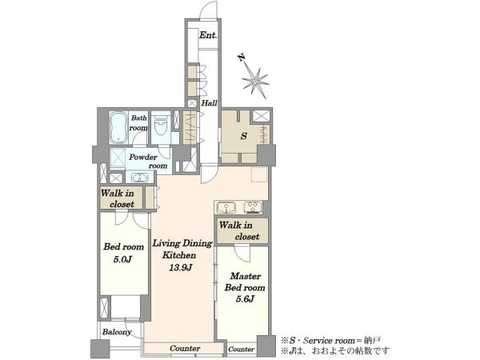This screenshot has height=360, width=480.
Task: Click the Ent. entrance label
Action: click(x=208, y=35)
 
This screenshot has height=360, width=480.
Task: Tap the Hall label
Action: click(x=209, y=103)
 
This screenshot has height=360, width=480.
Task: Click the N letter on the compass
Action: click(x=242, y=58)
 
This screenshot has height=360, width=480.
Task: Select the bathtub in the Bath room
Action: click(x=118, y=127)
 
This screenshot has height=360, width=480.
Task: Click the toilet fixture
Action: click(x=161, y=126)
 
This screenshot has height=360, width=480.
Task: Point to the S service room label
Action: click(x=244, y=136)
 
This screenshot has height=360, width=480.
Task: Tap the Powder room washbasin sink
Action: click(x=139, y=178)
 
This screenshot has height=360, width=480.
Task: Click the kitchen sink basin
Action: click(x=226, y=207)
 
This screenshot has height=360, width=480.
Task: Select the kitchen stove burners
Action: click(x=253, y=207)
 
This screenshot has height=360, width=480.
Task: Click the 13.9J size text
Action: click(x=181, y=268)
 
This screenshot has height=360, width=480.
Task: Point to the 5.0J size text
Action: click(x=122, y=259)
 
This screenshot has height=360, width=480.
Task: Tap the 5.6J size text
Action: click(x=245, y=299)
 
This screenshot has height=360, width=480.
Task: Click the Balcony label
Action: click(x=117, y=332)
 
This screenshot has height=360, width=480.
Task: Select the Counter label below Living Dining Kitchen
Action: click(x=185, y=348)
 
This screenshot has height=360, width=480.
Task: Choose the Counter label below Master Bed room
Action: click(x=242, y=350)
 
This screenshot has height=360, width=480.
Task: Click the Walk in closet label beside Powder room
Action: click(x=118, y=198)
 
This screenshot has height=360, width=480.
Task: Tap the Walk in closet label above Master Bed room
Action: click(x=239, y=231)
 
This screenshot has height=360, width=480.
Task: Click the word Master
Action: click(x=246, y=276)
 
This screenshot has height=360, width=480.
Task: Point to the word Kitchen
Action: click(x=179, y=255)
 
